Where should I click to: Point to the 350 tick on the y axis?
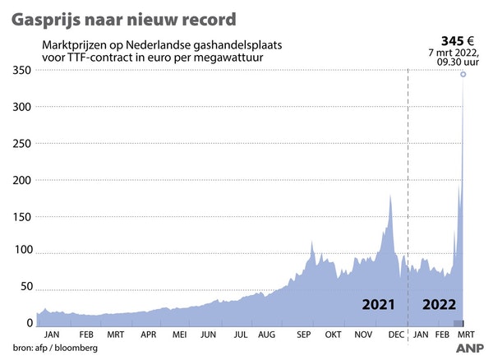tap(21, 72)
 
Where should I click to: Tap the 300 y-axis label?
tap(21, 108)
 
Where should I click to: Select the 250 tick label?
tap(21, 144)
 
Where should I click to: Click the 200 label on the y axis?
tap(21, 180)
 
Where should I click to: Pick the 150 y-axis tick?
tap(21, 216)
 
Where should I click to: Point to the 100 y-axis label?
tap(21, 251)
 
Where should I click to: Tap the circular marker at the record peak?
tap(463, 75)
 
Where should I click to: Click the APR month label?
tap(148, 335)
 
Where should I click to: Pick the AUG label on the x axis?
tap(267, 335)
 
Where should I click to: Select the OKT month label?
tap(332, 335)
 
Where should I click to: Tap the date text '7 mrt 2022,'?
tap(454, 52)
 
